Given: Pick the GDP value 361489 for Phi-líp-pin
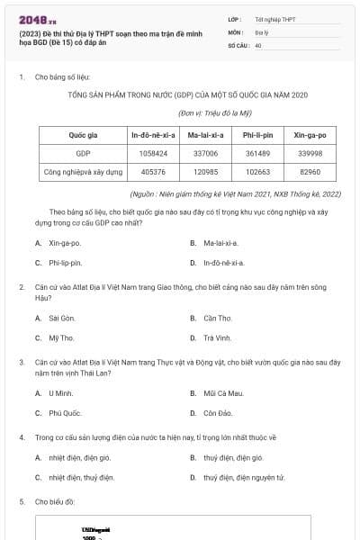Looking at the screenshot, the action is pyautogui.click(x=258, y=153).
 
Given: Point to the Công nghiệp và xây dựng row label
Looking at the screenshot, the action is pyautogui.click(x=83, y=171).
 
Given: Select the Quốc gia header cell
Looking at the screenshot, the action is pyautogui.click(x=83, y=135).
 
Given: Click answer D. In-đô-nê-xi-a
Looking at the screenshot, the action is pyautogui.click(x=217, y=263).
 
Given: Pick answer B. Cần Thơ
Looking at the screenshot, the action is pyautogui.click(x=217, y=318).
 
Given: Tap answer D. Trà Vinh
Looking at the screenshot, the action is pyautogui.click(x=217, y=337).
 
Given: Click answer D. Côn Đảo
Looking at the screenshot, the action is pyautogui.click(x=217, y=412).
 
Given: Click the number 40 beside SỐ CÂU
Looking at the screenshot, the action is pyautogui.click(x=258, y=44).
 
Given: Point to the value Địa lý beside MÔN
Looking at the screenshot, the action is pyautogui.click(x=261, y=31).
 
